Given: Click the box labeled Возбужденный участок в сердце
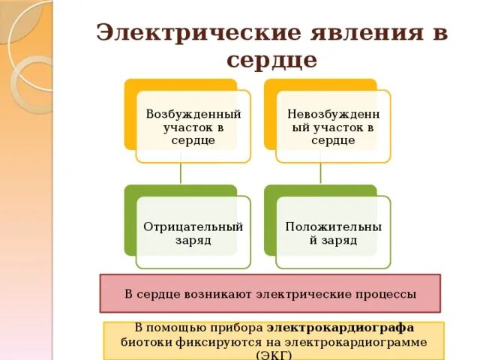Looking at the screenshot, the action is coord(193,126).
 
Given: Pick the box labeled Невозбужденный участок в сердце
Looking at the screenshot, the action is coord(333,126).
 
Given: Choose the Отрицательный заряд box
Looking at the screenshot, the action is coord(193,232).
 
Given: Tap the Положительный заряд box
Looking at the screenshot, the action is coord(333,232).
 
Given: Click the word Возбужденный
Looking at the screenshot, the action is coord(193,114).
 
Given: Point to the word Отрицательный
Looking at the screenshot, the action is coord(193,226).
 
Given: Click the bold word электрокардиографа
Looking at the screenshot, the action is coord(340,328).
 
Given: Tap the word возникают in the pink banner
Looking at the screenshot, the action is coord(217,294).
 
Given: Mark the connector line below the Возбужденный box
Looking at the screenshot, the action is coord(180,173).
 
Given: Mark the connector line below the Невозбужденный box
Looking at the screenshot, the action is coord(320,173).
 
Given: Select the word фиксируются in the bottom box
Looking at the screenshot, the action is coord(214,341).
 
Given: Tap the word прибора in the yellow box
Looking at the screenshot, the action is coord(240,328).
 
